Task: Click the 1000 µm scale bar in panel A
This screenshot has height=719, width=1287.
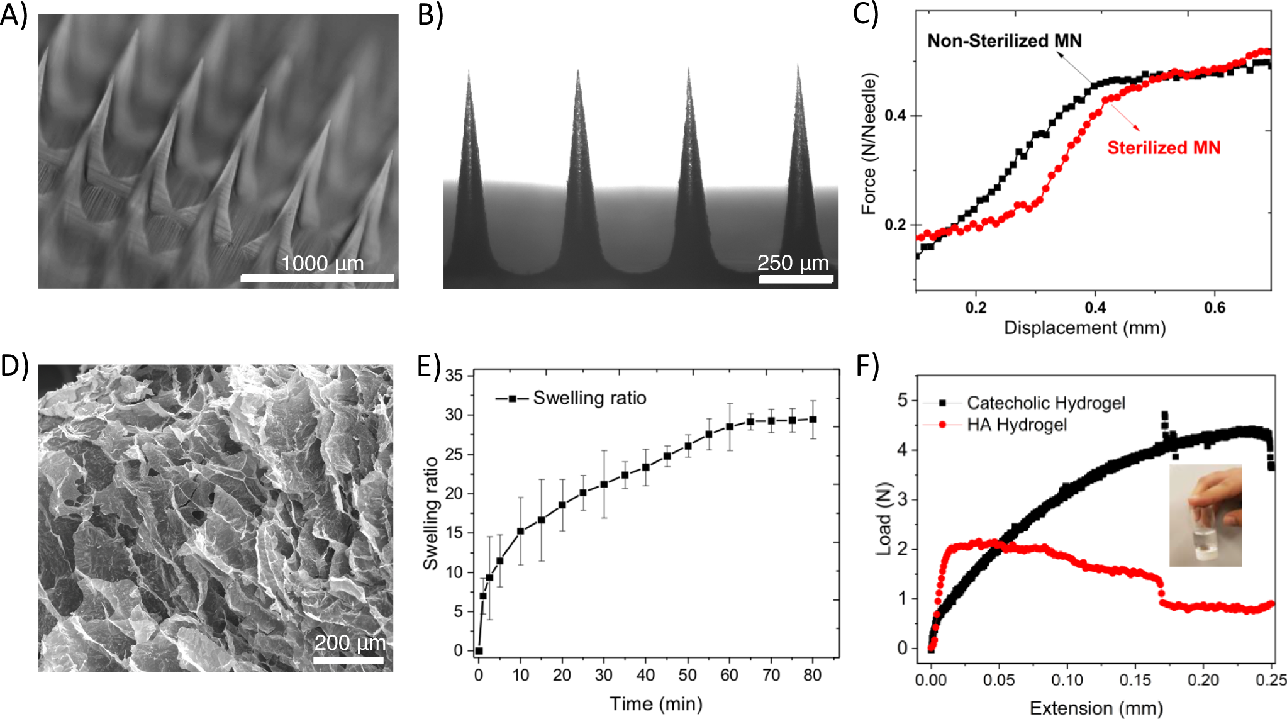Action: (317, 277)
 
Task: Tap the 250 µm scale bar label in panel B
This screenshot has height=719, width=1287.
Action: (793, 262)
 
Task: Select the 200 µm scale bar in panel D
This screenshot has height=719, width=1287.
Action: (348, 660)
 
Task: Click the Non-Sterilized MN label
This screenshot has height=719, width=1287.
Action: (1004, 41)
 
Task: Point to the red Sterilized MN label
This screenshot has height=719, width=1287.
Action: (1163, 148)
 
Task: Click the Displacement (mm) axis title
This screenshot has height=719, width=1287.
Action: (1084, 328)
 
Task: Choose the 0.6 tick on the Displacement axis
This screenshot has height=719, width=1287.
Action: (1214, 308)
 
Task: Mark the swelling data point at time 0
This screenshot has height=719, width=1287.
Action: (479, 651)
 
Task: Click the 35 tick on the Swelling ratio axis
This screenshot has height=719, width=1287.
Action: (454, 376)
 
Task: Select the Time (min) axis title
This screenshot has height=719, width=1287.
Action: (655, 703)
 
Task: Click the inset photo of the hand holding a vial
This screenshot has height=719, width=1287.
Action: (1205, 515)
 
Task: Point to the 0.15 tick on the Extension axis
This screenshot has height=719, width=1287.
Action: (1135, 680)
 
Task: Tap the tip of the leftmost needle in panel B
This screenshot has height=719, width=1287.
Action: (469, 73)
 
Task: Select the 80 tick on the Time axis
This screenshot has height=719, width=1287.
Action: (812, 675)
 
